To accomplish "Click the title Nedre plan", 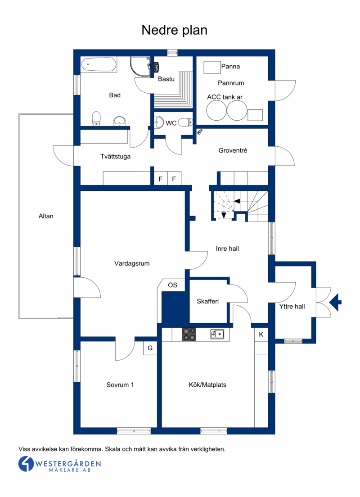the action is (174, 30).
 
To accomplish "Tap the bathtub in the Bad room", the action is (99, 65).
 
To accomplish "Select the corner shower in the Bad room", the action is (140, 67).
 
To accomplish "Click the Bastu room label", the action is (166, 79).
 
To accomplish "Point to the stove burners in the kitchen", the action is (189, 334).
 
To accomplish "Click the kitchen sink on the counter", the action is (217, 334).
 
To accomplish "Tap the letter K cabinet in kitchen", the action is (261, 334).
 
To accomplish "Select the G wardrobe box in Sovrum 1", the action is (150, 348).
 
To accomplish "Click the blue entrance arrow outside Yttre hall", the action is (335, 302).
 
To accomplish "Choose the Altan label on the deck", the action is (46, 216).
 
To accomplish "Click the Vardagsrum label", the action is (132, 263).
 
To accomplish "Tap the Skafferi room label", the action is (207, 301).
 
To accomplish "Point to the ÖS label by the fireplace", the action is (172, 285).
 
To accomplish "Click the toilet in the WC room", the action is (185, 122).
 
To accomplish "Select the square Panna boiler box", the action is (212, 67).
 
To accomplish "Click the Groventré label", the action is (233, 150).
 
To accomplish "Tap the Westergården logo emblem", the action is (26, 464).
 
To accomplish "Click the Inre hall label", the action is (227, 249).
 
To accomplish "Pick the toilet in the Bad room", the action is (96, 118).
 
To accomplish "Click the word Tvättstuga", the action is (115, 157).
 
